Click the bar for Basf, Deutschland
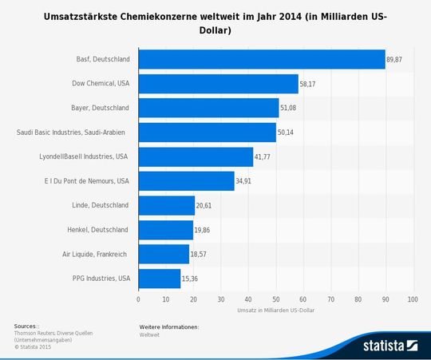click(262, 60)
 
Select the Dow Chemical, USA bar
click(218, 84)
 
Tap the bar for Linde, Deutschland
click(167, 205)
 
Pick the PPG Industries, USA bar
click(160, 279)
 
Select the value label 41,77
click(263, 157)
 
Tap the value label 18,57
click(200, 255)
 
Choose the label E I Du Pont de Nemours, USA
click(83, 181)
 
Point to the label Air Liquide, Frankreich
click(94, 255)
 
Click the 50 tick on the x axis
click(276, 299)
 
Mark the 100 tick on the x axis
click(413, 299)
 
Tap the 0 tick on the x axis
click(139, 299)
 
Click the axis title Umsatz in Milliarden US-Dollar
click(275, 310)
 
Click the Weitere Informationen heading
click(168, 327)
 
